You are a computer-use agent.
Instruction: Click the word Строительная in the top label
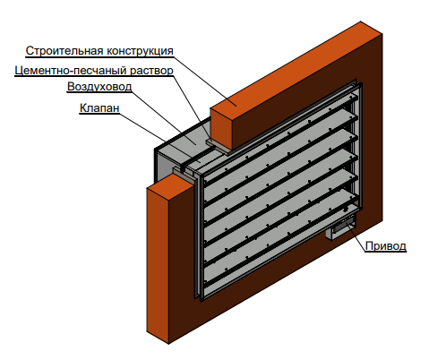[x=64, y=51]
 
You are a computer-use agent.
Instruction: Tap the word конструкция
[x=140, y=51]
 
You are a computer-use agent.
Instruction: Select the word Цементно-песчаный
[x=71, y=71]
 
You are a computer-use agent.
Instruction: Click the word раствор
[x=151, y=71]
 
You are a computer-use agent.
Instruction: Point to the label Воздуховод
[x=99, y=87]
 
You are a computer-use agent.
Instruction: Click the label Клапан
[x=99, y=107]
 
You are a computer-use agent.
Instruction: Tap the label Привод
[x=386, y=246]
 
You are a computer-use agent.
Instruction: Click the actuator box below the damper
[x=341, y=227]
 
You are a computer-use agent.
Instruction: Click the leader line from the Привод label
[x=356, y=236]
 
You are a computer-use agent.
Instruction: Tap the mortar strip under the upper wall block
[x=219, y=146]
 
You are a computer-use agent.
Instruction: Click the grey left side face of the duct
[x=163, y=167]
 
